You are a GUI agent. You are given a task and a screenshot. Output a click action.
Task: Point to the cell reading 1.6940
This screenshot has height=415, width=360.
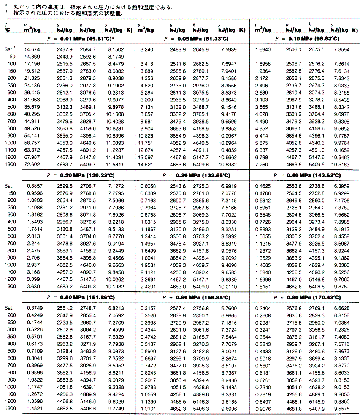[263, 49]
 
